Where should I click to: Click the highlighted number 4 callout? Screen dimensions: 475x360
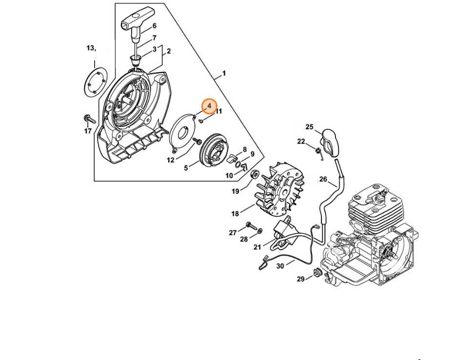209,106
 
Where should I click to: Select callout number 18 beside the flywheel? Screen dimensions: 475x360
235,214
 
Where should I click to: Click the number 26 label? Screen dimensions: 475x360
323,180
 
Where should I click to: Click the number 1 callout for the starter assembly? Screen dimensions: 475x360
224,73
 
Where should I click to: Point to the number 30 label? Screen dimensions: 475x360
280,266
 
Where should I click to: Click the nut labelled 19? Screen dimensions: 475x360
254,174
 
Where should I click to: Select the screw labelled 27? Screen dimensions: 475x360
251,226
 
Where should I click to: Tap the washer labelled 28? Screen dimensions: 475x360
260,232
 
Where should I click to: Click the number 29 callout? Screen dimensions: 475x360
300,279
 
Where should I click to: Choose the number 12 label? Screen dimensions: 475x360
171,160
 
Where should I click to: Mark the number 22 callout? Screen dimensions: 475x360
301,141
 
